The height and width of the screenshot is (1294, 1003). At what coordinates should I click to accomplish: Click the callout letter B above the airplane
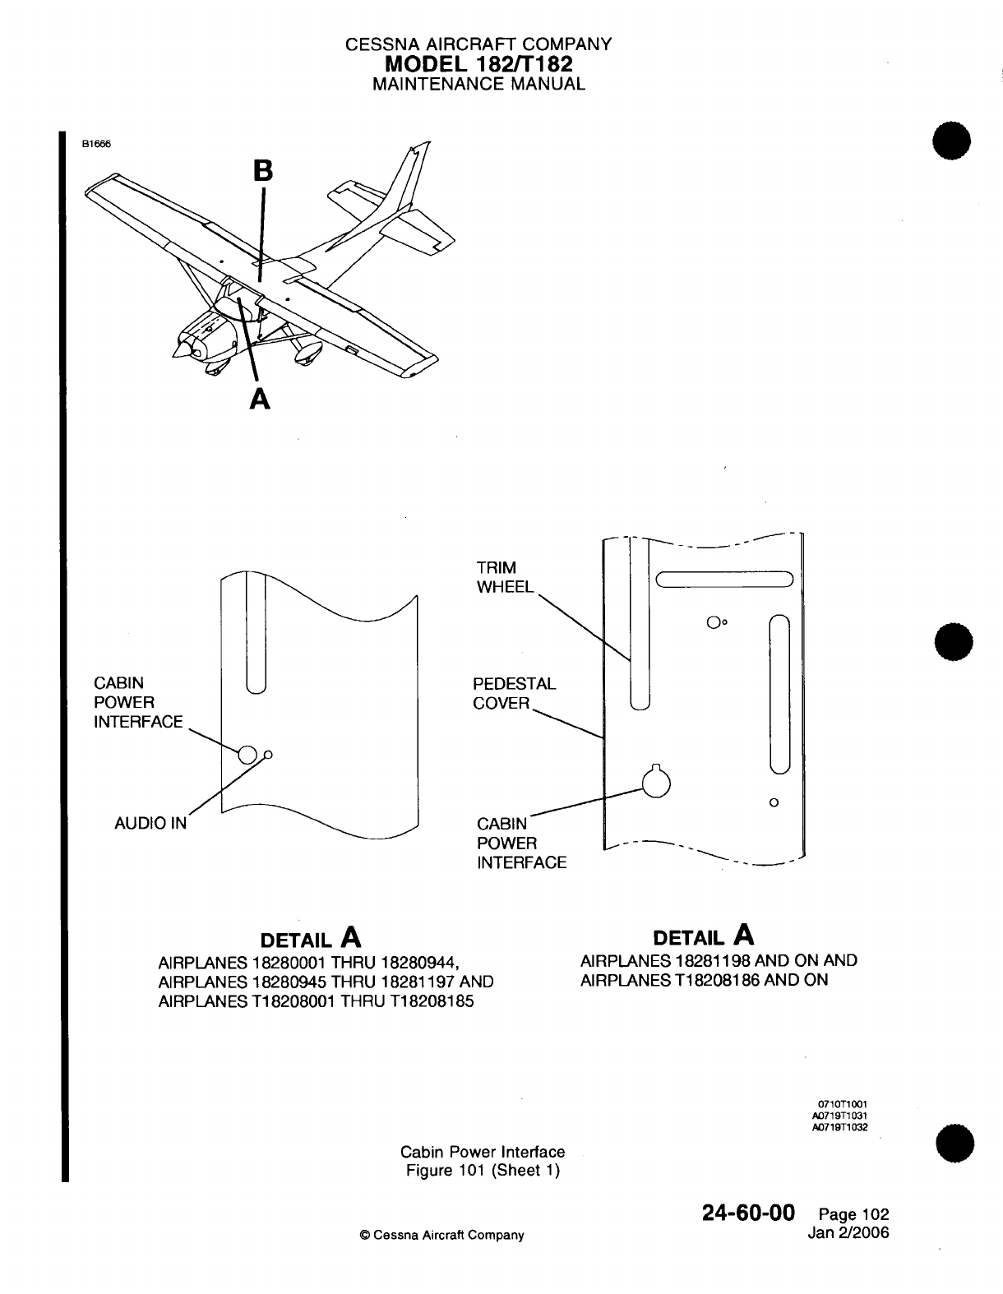262,170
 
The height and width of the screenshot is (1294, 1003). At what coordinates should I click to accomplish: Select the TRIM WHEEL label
504,577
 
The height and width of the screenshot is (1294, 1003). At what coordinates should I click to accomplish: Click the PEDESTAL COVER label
514,693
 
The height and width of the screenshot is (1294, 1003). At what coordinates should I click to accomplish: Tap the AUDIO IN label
150,823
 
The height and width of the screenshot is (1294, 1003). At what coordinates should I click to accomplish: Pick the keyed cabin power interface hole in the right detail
657,783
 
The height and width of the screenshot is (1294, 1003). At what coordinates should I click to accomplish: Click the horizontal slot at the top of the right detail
723,580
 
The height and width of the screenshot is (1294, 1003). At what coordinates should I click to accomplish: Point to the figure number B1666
95,142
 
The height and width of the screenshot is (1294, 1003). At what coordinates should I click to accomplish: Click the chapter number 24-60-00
748,1213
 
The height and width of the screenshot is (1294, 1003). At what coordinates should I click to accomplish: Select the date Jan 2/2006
849,1232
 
